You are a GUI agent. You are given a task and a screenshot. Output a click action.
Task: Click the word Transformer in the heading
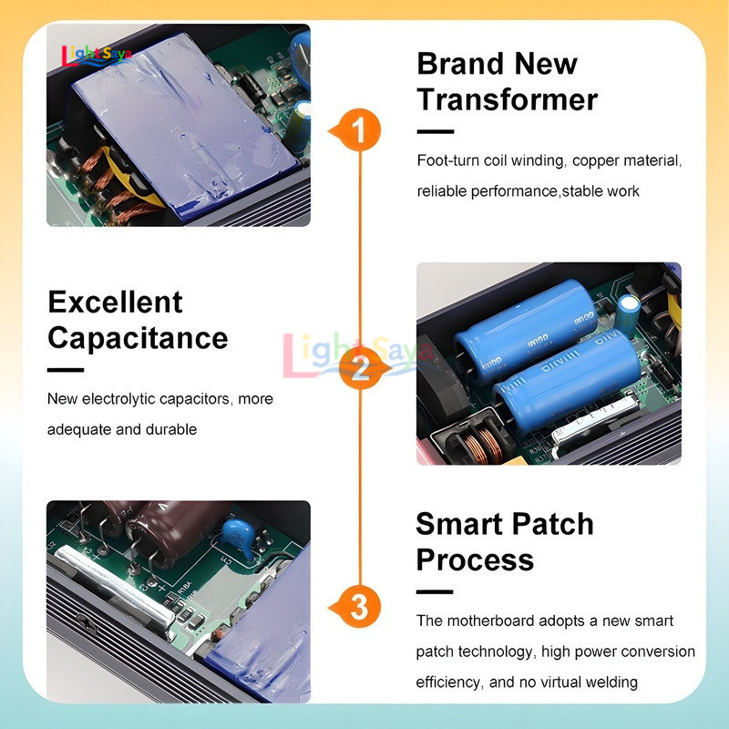pos(508,99)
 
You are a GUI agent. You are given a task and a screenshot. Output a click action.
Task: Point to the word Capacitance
pos(138,338)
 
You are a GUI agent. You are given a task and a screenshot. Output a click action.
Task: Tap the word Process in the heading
pos(475,560)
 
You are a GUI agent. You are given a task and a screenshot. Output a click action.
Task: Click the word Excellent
pos(116,303)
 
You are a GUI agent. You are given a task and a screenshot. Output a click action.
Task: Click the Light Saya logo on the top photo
pos(97,56)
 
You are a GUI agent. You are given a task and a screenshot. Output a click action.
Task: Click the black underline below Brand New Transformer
pos(436,131)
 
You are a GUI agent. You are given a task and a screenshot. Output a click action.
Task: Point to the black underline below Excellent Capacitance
pos(66,370)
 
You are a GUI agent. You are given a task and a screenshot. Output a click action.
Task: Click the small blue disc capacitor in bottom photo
pos(239,534)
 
